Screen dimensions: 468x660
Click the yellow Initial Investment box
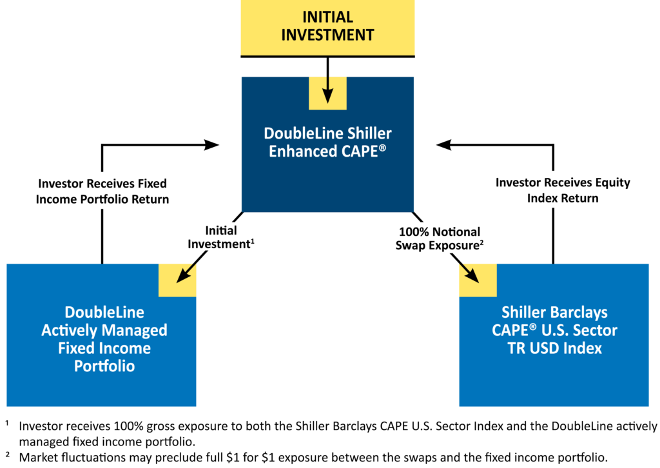tap(327, 27)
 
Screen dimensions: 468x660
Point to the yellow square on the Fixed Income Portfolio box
tap(177, 280)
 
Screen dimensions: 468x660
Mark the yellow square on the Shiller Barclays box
tap(478, 280)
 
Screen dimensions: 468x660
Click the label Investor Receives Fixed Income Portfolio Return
tap(102, 191)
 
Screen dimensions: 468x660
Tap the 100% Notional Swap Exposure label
tap(440, 238)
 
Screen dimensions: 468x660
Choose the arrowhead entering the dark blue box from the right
tap(443, 144)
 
